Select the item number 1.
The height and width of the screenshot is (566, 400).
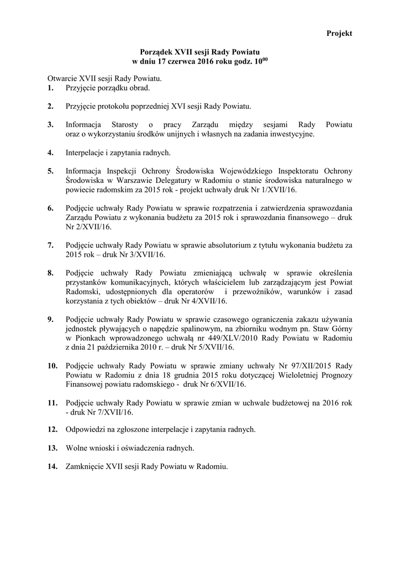point(51,88)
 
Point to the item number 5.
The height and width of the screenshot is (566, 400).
point(51,171)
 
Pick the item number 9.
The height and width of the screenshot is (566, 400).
point(51,320)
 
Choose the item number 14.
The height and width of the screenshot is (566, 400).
point(52,466)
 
